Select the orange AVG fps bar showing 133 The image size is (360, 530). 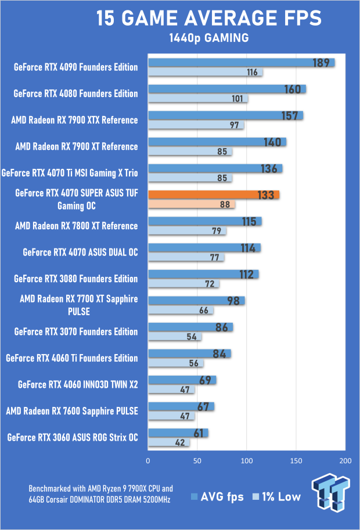point(214,195)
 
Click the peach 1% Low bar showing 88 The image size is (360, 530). point(192,205)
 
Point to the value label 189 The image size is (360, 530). point(321,63)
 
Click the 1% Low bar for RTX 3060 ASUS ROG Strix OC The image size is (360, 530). point(168,442)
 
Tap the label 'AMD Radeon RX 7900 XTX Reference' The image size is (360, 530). point(74,120)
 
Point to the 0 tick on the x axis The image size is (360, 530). point(149,461)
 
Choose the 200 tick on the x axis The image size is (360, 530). point(345,461)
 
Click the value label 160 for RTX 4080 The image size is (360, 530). point(293,89)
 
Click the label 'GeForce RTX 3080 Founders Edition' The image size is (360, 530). point(75,279)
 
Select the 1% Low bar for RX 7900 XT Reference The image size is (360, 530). point(190,152)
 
